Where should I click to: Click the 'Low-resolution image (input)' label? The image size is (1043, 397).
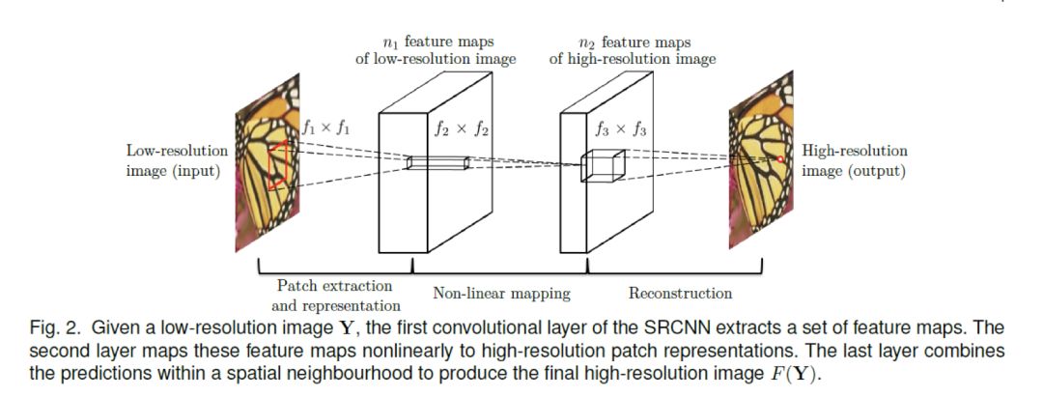[x=177, y=161]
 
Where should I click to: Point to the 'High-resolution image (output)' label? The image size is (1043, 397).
[x=855, y=161]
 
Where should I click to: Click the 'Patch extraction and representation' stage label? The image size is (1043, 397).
[x=334, y=295]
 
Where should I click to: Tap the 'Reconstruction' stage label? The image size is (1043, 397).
[x=680, y=293]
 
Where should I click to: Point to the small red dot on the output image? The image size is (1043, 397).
[x=778, y=157]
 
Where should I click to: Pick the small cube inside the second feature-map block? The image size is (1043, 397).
[x=603, y=167]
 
